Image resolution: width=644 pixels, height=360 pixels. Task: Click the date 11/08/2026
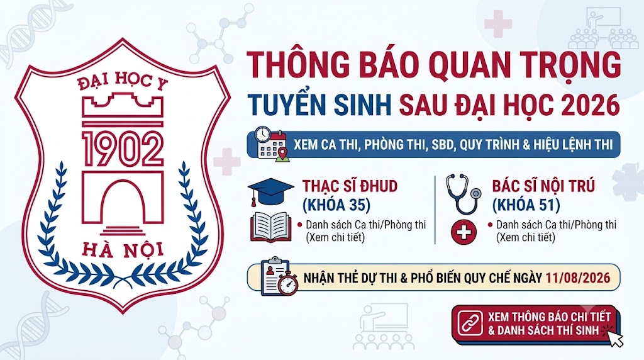pyautogui.click(x=578, y=278)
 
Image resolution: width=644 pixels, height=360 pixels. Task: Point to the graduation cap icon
pyautogui.click(x=270, y=191)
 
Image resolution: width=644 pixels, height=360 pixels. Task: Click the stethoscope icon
pyautogui.click(x=464, y=194)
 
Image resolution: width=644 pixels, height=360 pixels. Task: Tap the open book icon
pyautogui.click(x=270, y=227)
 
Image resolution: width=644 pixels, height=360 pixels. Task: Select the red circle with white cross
pyautogui.click(x=464, y=232)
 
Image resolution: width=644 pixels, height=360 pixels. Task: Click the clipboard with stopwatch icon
pyautogui.click(x=279, y=276)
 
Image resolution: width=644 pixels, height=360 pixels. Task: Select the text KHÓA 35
pyautogui.click(x=337, y=205)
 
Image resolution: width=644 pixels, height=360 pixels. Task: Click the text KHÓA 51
pyautogui.click(x=526, y=205)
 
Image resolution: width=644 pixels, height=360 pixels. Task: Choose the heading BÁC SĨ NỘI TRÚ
pyautogui.click(x=543, y=186)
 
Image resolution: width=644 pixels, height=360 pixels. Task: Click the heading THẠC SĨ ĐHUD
pyautogui.click(x=350, y=186)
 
